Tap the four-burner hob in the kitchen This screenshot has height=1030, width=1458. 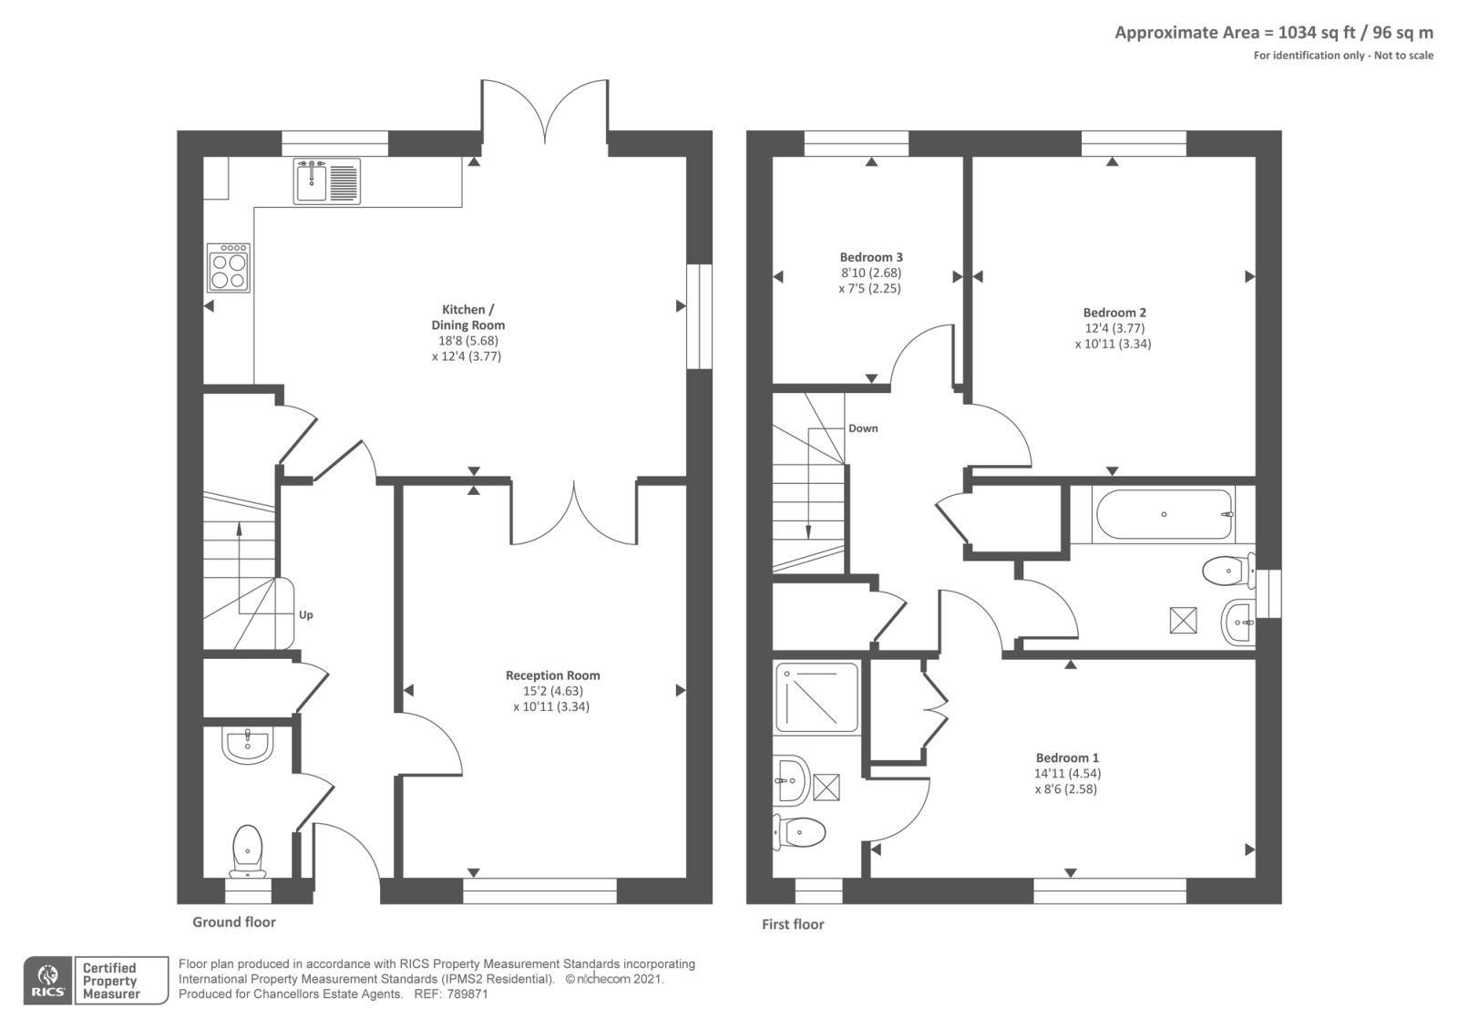[228, 268]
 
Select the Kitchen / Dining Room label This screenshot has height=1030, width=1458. [467, 317]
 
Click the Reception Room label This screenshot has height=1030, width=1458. [552, 675]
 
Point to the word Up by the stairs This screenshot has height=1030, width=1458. [306, 615]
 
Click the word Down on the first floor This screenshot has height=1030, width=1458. [863, 428]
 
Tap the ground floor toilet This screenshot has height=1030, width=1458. [247, 848]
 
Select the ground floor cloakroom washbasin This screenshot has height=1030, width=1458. [246, 745]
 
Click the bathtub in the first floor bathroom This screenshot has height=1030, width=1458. [1165, 515]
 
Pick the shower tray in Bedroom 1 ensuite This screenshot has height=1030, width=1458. [816, 698]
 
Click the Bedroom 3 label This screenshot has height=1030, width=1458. [871, 257]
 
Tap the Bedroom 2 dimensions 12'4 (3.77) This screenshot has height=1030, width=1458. [1114, 328]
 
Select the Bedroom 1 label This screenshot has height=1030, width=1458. [1067, 757]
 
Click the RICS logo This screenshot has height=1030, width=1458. [47, 981]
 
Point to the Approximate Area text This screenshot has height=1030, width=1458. [1273, 33]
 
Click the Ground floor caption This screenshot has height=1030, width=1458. [233, 922]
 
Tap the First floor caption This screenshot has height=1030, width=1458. [793, 924]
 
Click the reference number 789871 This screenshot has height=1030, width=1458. [467, 994]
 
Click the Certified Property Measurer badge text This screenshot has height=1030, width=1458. [110, 981]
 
